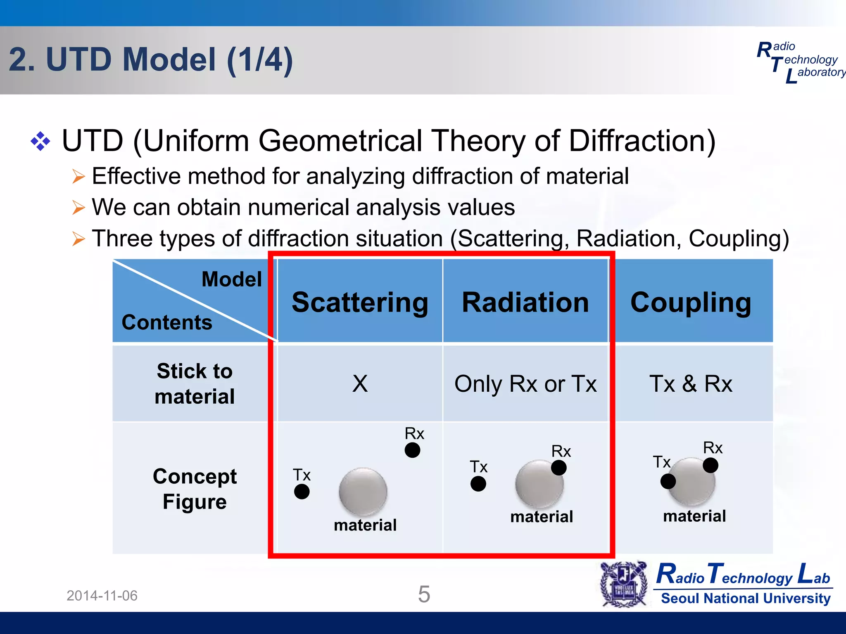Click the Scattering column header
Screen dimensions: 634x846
(360, 303)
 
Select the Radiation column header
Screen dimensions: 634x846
(525, 303)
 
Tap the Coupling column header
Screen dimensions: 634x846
(691, 303)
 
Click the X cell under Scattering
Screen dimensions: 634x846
(360, 383)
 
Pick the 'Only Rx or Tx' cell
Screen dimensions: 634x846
(525, 384)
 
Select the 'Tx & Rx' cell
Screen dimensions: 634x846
(691, 384)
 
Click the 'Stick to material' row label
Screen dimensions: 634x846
(195, 384)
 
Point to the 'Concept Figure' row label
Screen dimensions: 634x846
(195, 489)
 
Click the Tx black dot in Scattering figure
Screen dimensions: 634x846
(302, 492)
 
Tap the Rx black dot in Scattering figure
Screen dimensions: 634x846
(412, 450)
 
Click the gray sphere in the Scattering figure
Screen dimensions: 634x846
(363, 491)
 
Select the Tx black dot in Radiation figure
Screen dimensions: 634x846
(478, 484)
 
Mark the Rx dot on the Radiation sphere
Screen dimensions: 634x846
(558, 468)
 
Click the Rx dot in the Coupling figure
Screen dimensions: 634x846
(710, 465)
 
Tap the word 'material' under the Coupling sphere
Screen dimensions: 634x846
(694, 516)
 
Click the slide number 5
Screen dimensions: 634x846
(424, 594)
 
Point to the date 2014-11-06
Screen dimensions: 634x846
(102, 596)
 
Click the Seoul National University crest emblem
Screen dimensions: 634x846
(624, 584)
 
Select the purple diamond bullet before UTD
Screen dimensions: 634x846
(40, 141)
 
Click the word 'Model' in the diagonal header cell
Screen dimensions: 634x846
(231, 279)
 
